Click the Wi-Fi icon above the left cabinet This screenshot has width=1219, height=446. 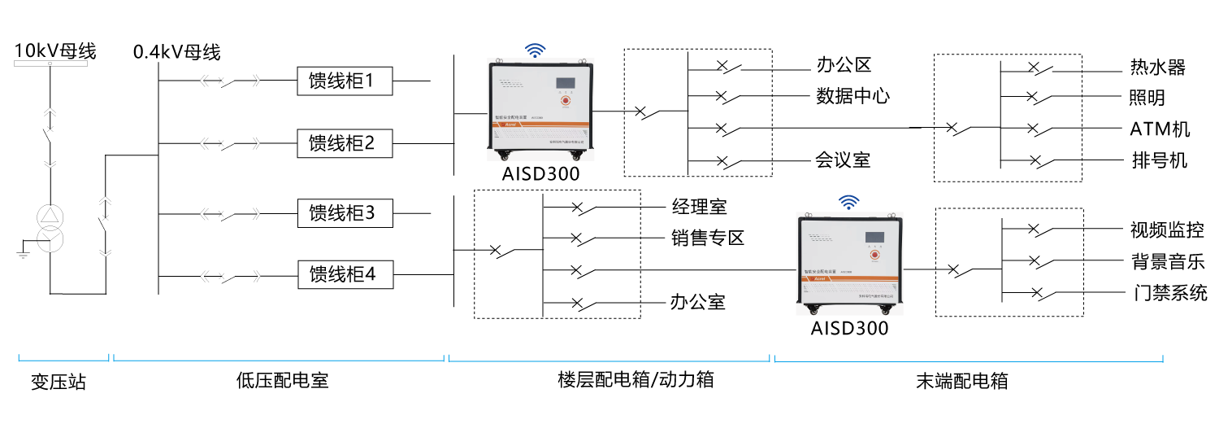click(x=535, y=50)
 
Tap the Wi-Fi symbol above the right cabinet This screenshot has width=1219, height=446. click(x=848, y=202)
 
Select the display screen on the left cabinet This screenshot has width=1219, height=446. click(x=566, y=83)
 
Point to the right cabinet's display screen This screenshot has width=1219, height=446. click(x=874, y=237)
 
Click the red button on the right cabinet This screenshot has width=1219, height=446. click(x=874, y=255)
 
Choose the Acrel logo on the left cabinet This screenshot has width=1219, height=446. click(x=510, y=125)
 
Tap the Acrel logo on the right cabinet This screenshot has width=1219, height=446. click(x=819, y=278)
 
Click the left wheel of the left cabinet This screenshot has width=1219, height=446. click(x=505, y=155)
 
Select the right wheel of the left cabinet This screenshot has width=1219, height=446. click(x=576, y=155)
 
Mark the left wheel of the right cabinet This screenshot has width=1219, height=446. click(x=813, y=310)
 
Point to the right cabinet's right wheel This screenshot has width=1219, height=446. click(x=885, y=310)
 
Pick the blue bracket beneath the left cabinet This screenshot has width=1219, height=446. click(x=609, y=360)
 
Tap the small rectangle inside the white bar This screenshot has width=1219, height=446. click(x=50, y=63)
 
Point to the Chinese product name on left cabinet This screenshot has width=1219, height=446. click(x=511, y=117)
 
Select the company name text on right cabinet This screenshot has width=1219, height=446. click(x=876, y=296)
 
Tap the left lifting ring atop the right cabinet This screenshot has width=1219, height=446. click(x=809, y=215)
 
